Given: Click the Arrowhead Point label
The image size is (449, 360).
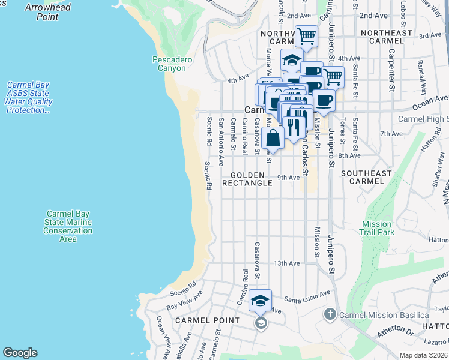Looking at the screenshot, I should [x=47, y=12].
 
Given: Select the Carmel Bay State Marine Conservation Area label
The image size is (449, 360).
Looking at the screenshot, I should [x=68, y=226].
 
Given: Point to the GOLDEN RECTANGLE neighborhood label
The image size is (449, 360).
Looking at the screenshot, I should [x=247, y=179].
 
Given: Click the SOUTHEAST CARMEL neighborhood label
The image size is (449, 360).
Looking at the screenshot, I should [x=366, y=177].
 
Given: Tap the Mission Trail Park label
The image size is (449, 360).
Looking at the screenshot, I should [x=377, y=228].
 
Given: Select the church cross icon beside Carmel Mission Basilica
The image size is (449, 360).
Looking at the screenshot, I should [x=330, y=314].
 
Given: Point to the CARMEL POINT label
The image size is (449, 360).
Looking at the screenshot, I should [x=207, y=320].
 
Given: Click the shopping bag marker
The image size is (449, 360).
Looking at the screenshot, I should [x=273, y=137].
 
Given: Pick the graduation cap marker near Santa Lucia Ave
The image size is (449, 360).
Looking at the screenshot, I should [x=260, y=301].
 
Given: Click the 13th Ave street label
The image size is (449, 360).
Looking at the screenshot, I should [x=286, y=263].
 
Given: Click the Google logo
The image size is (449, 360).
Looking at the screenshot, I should [x=20, y=353].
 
